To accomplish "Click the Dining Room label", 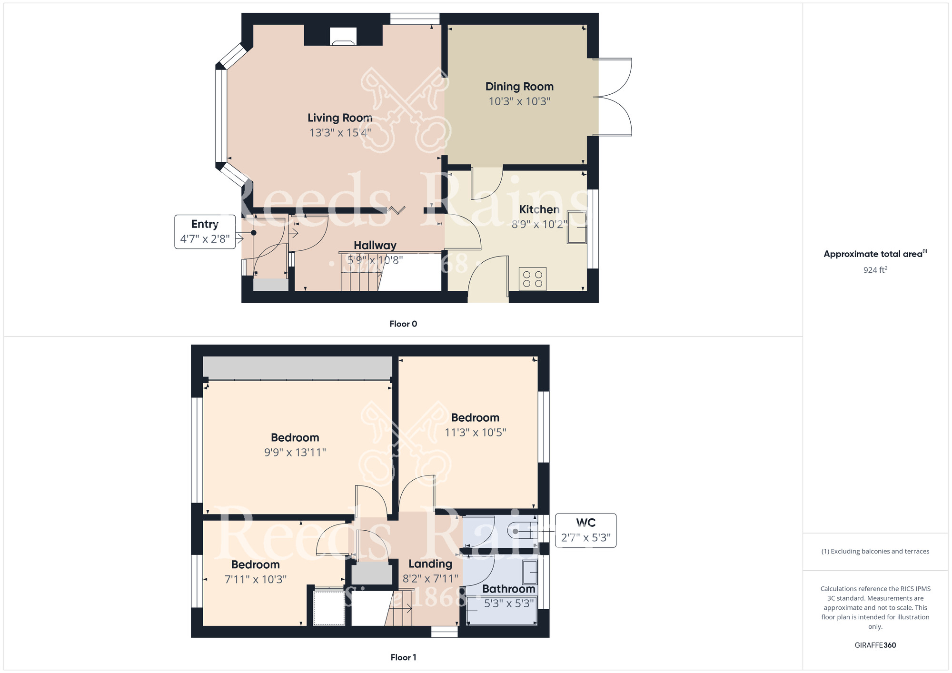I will [519, 87].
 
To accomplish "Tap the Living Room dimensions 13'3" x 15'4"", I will [340, 133].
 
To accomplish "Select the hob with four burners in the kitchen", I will [533, 279].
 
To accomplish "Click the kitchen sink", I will [576, 227].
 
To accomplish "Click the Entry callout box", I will [205, 232].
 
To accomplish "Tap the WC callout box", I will [585, 530].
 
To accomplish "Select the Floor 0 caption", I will [403, 324].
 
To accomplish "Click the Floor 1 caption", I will [403, 657].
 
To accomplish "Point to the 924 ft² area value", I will [875, 270].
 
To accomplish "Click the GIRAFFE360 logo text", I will [875, 645].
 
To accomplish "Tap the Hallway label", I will [375, 246].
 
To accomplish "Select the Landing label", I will [430, 564].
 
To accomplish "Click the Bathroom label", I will [508, 589].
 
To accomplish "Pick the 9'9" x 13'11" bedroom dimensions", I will [295, 453].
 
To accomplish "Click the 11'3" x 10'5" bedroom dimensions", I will [475, 433].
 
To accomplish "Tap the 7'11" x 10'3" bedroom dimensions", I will [256, 580].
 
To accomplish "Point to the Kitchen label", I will [539, 209].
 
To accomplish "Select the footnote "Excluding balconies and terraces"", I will [875, 552].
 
